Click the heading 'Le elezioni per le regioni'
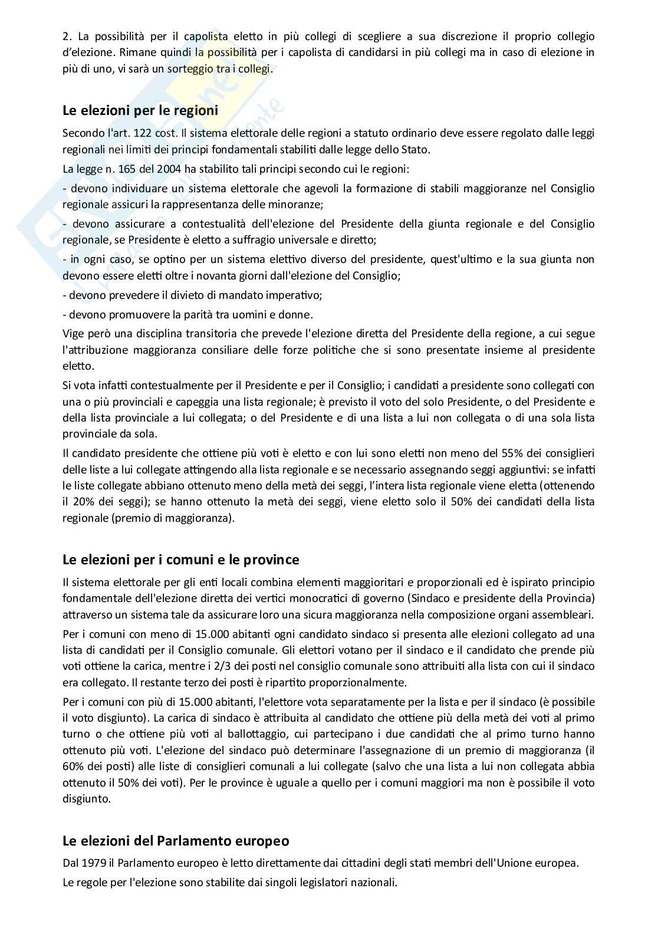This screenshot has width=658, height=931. point(140,110)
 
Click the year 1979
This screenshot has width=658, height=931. point(96,863)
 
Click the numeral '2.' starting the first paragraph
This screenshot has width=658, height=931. point(67,36)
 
